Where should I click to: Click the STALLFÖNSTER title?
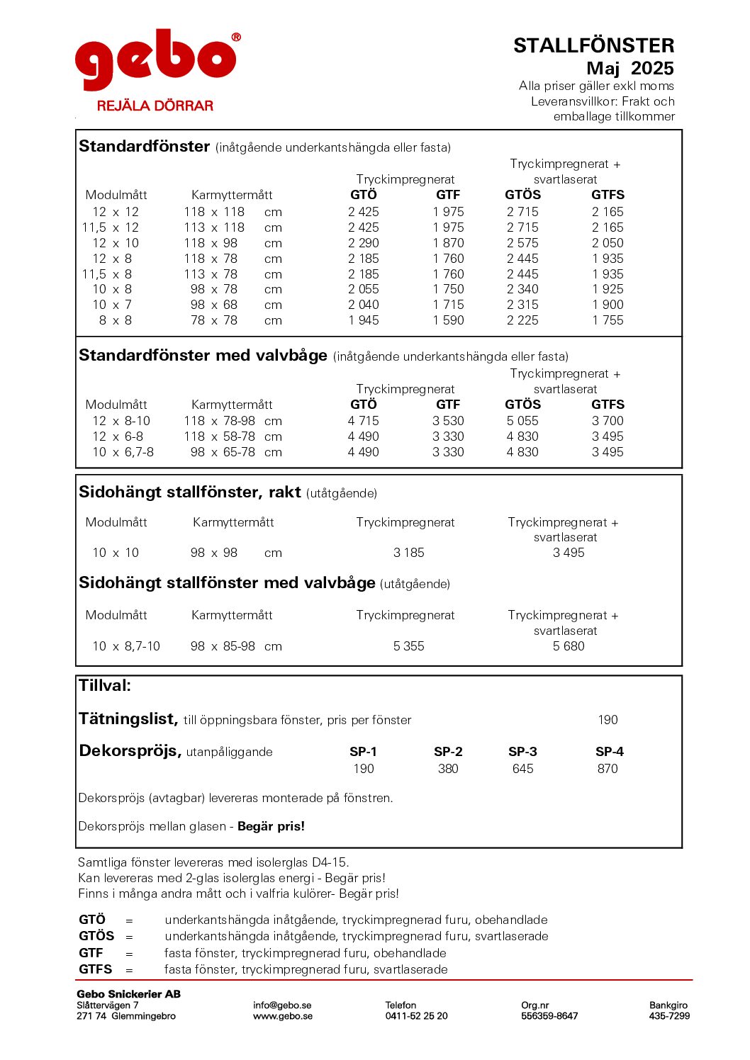pos(593,46)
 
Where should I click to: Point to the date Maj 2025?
pos(629,69)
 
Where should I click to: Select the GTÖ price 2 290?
pos(363,243)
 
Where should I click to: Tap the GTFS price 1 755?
pos(608,320)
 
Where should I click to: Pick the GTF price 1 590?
pos(448,320)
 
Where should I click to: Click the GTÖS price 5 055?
pos(522,421)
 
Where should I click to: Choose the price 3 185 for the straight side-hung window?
pos(408,553)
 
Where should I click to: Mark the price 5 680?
pos(569,646)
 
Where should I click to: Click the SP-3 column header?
pos(522,752)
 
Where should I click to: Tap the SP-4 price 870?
pos(608,769)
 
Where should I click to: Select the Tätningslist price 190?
pos(608,720)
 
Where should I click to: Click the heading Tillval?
pos(105,686)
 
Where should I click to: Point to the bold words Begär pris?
pos(271,826)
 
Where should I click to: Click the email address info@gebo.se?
pos(282,1005)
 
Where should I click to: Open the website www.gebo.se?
pos(282,1016)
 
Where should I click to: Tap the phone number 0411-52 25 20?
pos(416,1016)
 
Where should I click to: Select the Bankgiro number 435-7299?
pos(669,1016)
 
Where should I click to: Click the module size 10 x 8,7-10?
pos(126,646)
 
